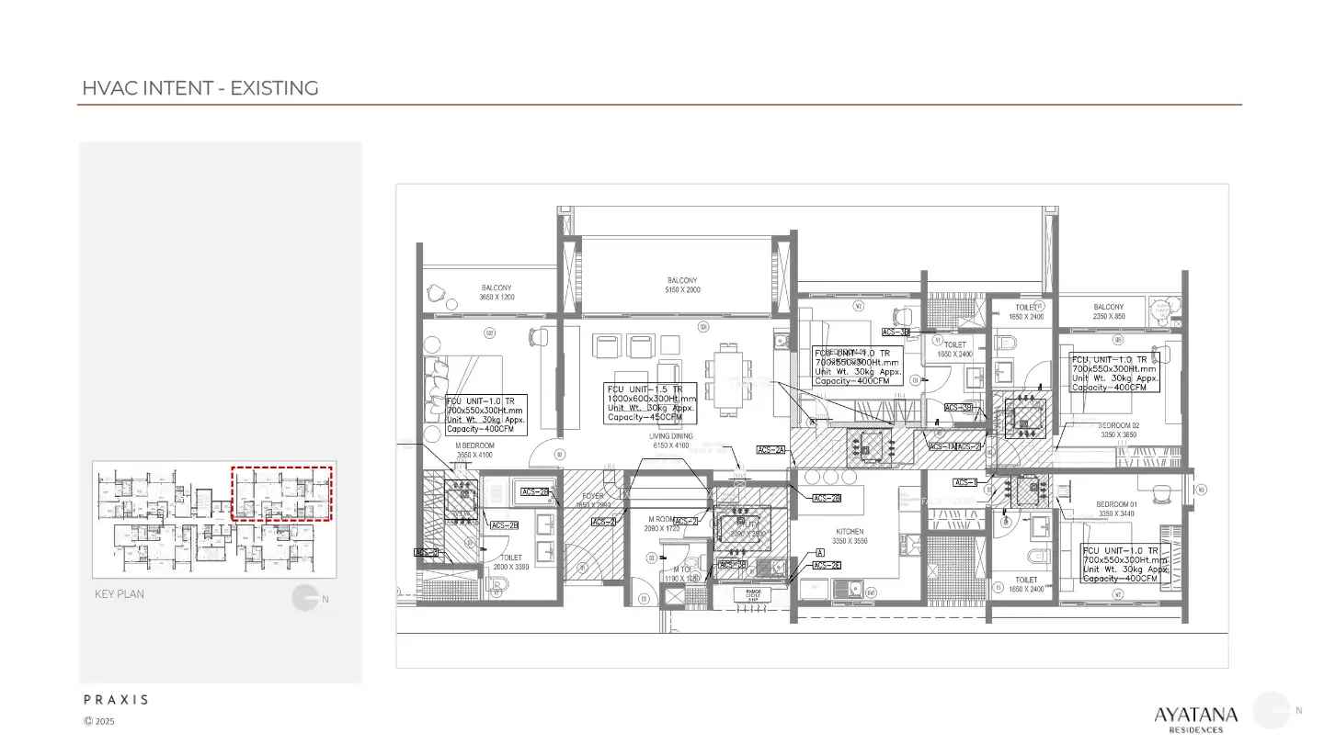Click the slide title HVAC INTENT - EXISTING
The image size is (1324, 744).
coord(200,88)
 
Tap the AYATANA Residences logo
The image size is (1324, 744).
coord(1195,716)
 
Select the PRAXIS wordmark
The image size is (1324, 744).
coord(116,700)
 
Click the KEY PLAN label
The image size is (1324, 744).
coord(120,594)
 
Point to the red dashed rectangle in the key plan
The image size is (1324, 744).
coord(280,494)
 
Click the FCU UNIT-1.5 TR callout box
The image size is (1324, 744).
coord(651,403)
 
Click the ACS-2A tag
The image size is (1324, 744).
coord(770,450)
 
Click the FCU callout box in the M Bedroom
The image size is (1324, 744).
coord(485,415)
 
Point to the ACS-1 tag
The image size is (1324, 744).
coord(965,482)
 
